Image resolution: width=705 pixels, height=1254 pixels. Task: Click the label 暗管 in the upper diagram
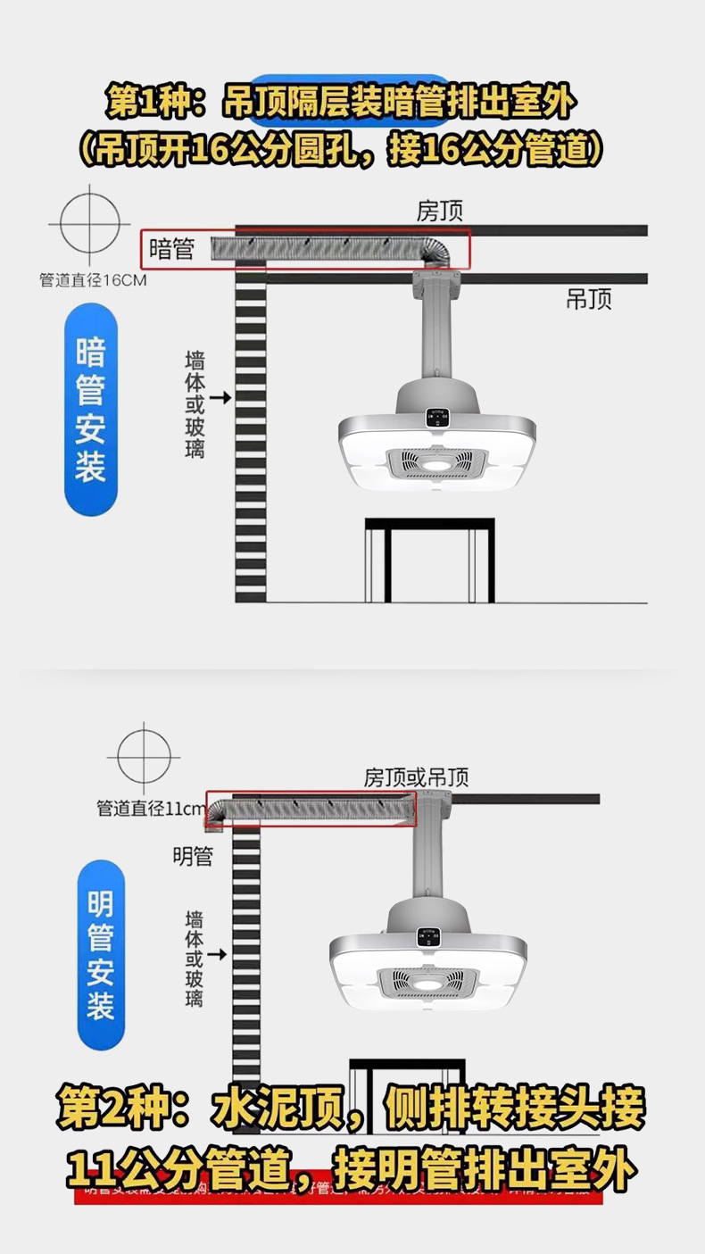171,248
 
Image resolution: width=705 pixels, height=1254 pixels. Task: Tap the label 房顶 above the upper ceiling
440,211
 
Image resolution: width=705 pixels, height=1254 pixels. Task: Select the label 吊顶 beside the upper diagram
588,299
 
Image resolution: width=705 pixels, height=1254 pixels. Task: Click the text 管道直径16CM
93,280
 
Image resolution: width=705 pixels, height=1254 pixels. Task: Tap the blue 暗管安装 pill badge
91,410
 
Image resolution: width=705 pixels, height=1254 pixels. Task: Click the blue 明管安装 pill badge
100,954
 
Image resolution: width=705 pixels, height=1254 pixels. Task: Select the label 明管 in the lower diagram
193,857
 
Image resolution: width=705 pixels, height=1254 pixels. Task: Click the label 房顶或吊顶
416,777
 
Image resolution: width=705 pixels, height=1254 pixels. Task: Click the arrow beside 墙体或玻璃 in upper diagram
221,396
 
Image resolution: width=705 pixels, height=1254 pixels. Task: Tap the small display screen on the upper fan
437,418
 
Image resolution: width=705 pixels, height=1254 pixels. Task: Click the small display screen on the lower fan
427,936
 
